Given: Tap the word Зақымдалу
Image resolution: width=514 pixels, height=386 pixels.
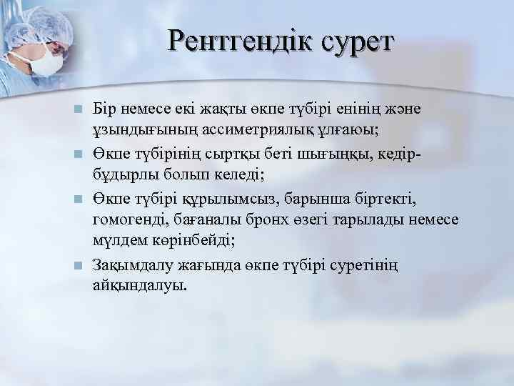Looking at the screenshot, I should (134, 265).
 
